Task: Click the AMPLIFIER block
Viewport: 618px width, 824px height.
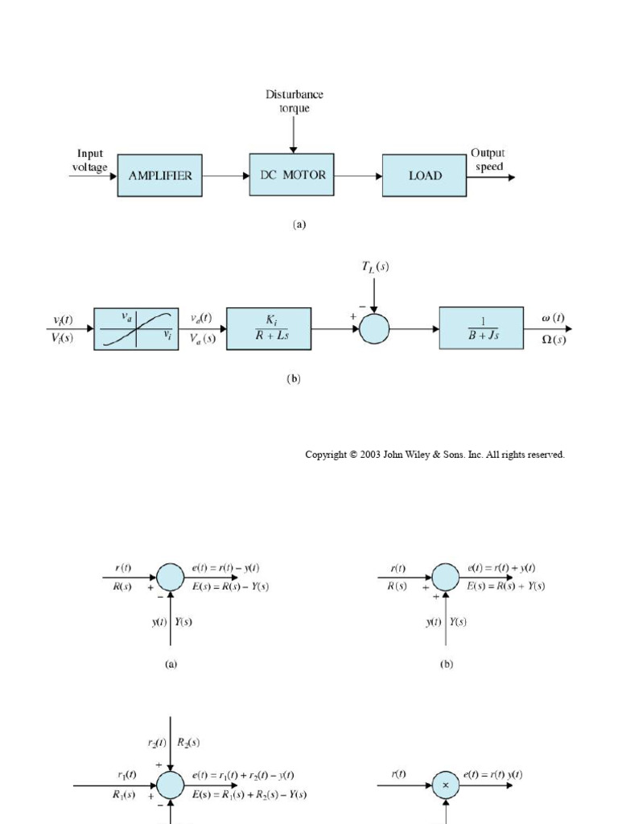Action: pos(160,175)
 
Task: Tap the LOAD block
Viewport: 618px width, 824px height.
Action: pos(424,175)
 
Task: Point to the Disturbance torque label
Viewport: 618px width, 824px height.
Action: pos(295,101)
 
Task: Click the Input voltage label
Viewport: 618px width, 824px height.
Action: pos(91,159)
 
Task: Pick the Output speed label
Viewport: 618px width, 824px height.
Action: pos(488,159)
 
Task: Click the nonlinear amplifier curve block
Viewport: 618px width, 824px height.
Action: pos(136,328)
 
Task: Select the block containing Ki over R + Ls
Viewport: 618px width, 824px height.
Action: pos(269,328)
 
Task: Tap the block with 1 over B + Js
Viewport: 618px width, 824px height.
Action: pos(481,328)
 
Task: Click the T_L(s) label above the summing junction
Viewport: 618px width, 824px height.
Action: pos(374,267)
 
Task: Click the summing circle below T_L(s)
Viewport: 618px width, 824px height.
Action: pos(374,328)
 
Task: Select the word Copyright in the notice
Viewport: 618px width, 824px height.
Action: pos(327,455)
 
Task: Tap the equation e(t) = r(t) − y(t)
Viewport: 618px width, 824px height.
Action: pos(225,568)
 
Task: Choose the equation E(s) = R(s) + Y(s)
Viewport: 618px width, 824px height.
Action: pos(505,586)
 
